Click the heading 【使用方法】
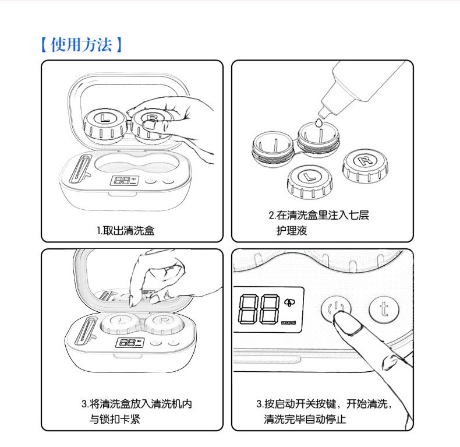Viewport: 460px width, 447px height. tap(81, 45)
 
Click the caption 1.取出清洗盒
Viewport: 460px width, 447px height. tap(125, 230)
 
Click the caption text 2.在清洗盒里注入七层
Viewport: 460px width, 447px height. tap(319, 216)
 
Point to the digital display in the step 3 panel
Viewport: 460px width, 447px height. tap(127, 343)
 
